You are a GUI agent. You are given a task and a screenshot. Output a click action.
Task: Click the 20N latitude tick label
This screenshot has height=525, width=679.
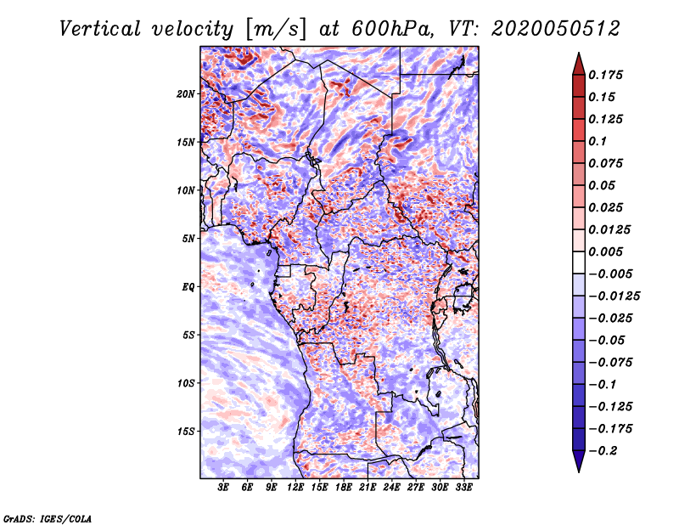coord(186,94)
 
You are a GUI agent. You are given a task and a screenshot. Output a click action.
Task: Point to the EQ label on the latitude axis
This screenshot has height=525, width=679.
coord(188,287)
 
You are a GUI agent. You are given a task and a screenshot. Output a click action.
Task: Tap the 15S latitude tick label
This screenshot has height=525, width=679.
coord(186,432)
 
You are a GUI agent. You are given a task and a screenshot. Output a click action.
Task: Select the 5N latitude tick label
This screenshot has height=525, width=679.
coord(188,239)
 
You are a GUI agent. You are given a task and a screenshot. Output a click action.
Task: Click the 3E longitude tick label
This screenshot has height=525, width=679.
coord(223,488)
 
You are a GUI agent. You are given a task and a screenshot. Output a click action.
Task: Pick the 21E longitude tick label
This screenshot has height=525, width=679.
coord(368,488)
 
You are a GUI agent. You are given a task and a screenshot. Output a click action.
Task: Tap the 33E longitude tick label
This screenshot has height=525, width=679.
coord(463,488)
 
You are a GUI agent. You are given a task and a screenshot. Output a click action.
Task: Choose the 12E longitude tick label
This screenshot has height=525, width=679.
coord(295,488)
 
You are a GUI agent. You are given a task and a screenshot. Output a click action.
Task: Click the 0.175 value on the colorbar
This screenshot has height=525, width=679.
coord(605,75)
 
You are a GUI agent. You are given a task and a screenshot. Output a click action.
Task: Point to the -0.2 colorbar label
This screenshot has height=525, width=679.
coord(603,451)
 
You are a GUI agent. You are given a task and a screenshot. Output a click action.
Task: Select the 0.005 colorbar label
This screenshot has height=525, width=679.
coord(605,251)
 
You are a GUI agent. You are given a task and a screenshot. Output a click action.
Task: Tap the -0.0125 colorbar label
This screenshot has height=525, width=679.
coord(614,296)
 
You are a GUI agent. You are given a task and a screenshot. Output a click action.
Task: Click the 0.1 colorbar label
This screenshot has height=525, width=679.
coord(598,141)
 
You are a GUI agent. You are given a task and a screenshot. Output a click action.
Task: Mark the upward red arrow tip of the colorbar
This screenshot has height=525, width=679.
coord(579,54)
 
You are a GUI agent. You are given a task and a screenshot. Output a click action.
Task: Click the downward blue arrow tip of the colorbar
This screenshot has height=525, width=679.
coord(579,471)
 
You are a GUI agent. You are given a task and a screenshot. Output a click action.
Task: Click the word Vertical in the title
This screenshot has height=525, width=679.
coord(100,29)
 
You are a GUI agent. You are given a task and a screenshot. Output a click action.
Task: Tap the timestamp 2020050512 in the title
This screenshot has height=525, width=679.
coord(555,29)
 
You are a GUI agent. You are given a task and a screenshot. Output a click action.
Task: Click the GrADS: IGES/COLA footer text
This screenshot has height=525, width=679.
coord(48,519)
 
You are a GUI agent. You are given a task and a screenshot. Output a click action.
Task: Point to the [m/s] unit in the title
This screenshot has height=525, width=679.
coord(276,29)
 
